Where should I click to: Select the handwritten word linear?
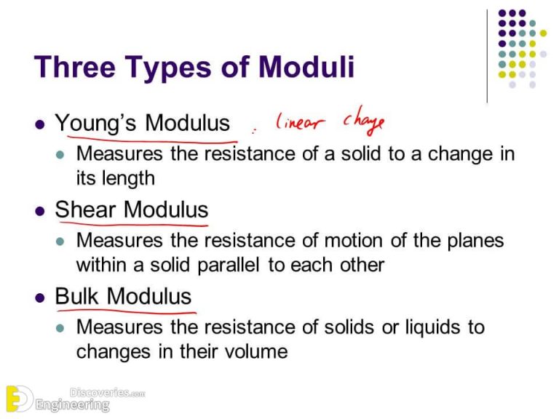click(x=297, y=124)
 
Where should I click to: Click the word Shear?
click(x=87, y=210)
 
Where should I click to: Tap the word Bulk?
click(x=78, y=296)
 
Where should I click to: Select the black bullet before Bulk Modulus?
click(x=41, y=298)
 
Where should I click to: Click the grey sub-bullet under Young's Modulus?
click(x=62, y=155)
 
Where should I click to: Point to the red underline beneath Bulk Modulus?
click(x=124, y=311)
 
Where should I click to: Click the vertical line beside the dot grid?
click(x=488, y=55)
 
